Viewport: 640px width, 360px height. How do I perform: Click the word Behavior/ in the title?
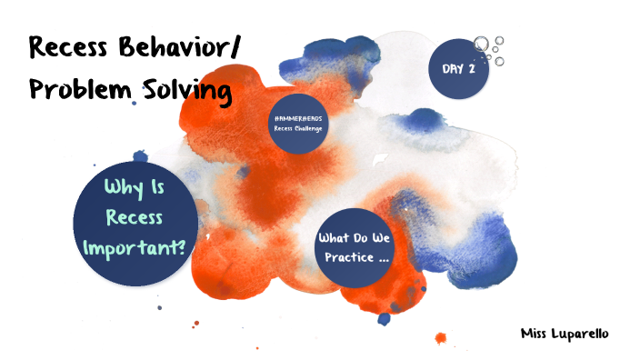186,49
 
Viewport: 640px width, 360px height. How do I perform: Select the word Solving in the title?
186,91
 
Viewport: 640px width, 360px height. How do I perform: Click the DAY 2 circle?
459,68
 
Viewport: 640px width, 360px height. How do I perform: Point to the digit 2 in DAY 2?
472,68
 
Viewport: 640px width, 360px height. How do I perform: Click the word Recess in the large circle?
137,217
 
